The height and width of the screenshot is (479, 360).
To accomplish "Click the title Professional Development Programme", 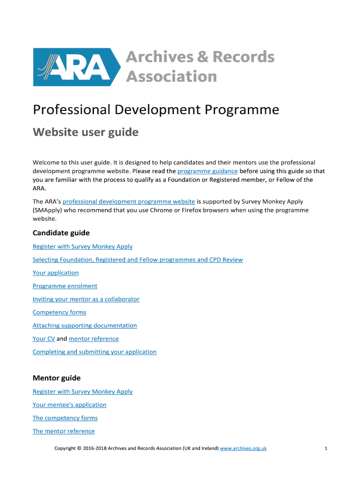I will pos(156,110).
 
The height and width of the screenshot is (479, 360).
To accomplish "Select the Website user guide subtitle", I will pos(86,132).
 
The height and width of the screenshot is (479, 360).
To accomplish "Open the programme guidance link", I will pos(208,171).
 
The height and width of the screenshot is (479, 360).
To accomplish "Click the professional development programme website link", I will pos(129,202).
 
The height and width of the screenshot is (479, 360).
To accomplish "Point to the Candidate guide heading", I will pos(61,233).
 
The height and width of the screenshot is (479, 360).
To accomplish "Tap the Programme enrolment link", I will pos(65,286).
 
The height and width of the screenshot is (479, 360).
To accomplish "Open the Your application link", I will pos(56,273).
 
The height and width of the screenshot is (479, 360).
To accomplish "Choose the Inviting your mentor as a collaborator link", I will pos(86,299).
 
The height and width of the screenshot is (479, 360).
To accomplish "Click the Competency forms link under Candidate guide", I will pos(59,312).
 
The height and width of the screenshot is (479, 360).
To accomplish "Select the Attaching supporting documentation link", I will pos(85,325).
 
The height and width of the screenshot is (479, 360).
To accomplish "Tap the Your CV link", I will pos(43,339).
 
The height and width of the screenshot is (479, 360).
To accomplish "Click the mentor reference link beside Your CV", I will pos(94,339).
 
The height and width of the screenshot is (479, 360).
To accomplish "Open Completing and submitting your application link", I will pos(94,352).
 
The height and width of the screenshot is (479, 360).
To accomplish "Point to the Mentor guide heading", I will pos(57,378).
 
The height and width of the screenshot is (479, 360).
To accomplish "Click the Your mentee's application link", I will pos(70,405).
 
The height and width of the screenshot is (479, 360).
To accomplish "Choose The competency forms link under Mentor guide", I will pos(65,418).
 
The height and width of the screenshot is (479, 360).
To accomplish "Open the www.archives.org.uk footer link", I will pos(243,448).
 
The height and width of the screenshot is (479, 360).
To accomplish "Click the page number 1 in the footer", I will pos(325,448).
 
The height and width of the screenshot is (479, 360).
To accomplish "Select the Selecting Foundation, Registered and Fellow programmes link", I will pos(137,260).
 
